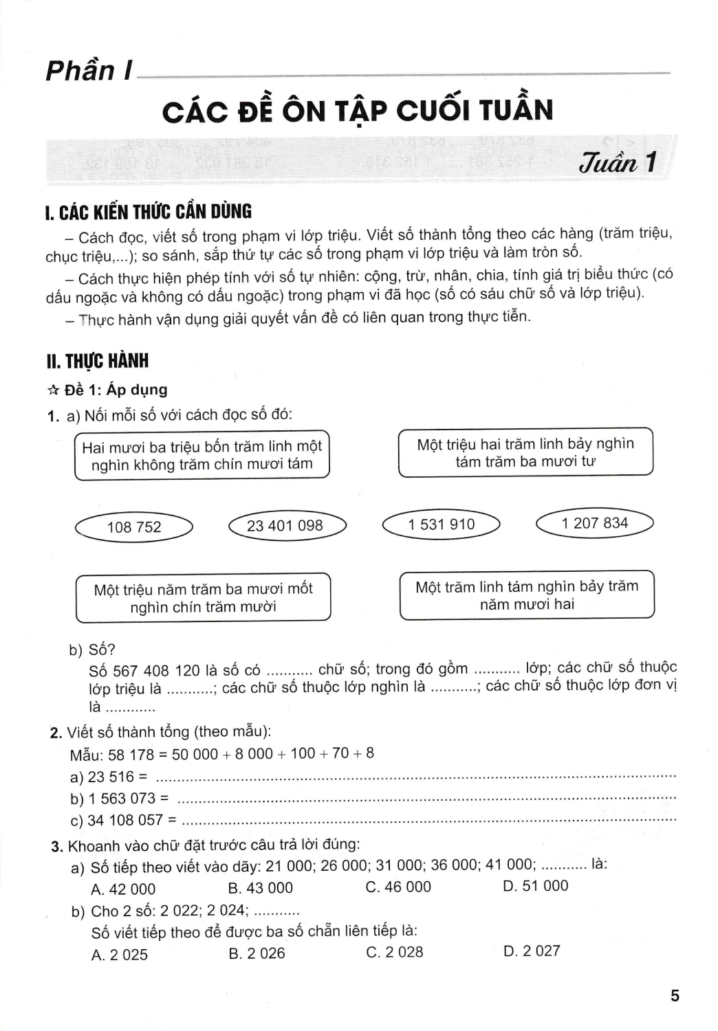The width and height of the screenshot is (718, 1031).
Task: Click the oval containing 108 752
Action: click(134, 527)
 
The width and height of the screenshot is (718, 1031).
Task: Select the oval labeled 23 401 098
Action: click(285, 526)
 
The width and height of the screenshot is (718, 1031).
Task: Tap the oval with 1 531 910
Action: click(441, 524)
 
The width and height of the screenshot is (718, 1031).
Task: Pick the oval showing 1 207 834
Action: click(594, 523)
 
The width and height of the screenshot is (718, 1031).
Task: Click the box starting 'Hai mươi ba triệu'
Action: click(202, 455)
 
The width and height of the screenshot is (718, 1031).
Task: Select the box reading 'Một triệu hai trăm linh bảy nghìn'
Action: click(525, 452)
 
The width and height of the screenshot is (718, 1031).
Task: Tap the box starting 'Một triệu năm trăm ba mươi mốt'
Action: click(203, 598)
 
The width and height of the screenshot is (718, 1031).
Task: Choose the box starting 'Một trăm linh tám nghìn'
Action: click(527, 595)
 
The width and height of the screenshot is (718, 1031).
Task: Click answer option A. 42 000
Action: click(123, 889)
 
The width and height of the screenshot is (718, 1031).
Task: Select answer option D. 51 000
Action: click(536, 886)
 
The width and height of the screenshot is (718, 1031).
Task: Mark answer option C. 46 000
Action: click(398, 887)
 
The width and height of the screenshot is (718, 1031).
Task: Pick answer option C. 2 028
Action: click(395, 953)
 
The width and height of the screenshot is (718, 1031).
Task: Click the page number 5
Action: click(675, 996)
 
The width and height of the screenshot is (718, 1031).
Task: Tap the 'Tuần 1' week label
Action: click(618, 164)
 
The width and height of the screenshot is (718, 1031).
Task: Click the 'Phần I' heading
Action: click(89, 71)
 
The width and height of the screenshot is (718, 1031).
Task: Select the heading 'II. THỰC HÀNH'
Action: click(96, 362)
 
